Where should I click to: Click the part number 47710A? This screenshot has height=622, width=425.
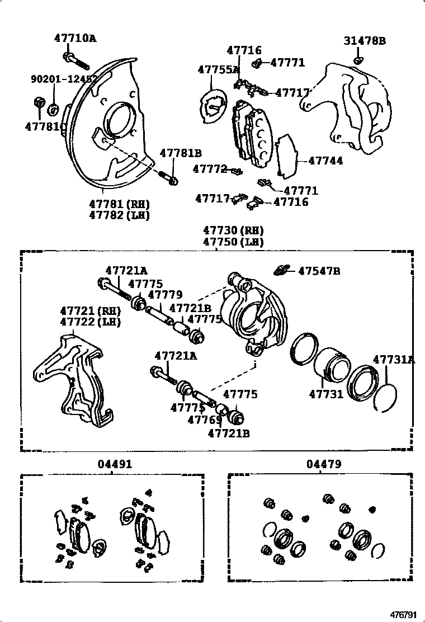pos(75,39)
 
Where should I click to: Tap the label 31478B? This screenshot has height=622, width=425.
pos(365,41)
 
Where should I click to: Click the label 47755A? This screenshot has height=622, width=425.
pos(218,69)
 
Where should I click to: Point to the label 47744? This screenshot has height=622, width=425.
pos(325,161)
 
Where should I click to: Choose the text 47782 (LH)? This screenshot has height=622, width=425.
pos(120,215)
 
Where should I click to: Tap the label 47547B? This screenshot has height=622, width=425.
pos(319,271)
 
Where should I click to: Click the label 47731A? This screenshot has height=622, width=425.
pos(394,360)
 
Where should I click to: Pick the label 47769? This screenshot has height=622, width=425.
pos(202,420)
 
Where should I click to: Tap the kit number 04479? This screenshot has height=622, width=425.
pos(323,464)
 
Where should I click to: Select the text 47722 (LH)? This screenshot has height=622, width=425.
pos(91,322)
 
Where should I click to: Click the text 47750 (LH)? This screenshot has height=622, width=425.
pos(233,242)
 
